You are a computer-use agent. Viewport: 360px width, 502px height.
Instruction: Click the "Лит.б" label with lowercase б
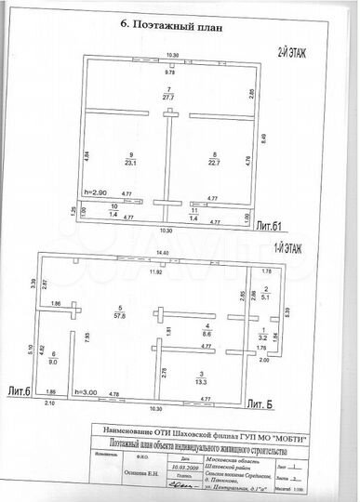tap(20, 393)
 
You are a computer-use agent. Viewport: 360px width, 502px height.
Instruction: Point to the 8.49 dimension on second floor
tap(263, 139)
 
